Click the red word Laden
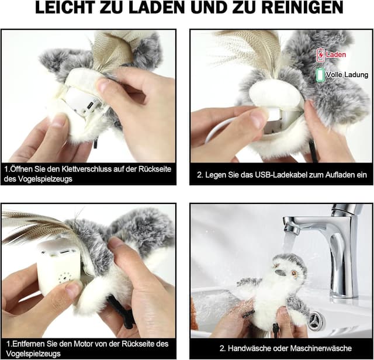click(x=336, y=55)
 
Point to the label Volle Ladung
click(x=347, y=75)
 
